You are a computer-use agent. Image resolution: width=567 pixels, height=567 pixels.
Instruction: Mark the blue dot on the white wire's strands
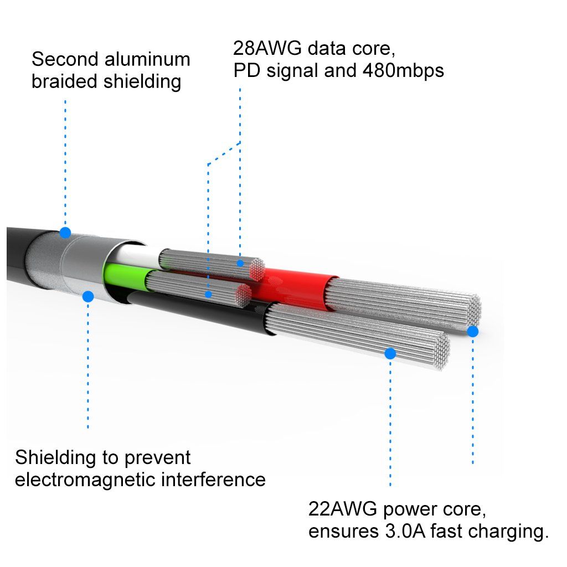click(240, 263)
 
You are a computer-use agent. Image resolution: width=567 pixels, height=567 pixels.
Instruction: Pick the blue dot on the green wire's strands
click(208, 294)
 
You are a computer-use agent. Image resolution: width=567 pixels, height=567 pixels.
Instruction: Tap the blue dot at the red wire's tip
click(472, 331)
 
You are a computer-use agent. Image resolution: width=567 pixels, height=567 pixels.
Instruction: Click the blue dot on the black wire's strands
click(390, 353)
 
